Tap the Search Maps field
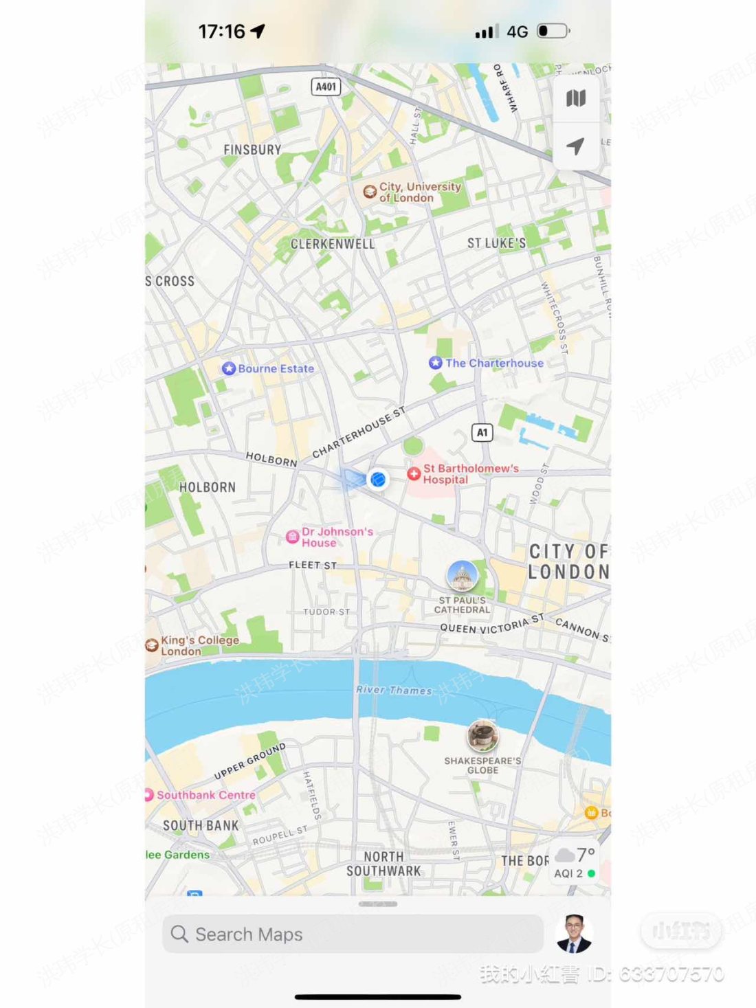tap(352, 934)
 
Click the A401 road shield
tap(326, 87)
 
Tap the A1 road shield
tap(482, 432)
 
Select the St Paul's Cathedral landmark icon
tap(463, 576)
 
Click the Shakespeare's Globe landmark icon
tap(482, 736)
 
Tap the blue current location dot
tap(377, 479)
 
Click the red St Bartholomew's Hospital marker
tap(414, 473)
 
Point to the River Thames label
tap(394, 690)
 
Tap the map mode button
tap(576, 99)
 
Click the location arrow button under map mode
tap(576, 146)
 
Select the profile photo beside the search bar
tap(574, 933)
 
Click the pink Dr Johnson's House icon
tap(292, 537)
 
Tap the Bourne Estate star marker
tap(229, 368)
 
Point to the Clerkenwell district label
tap(333, 244)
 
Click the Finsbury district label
tap(252, 149)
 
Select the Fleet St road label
tap(313, 565)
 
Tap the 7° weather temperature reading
tap(586, 854)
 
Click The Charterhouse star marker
tap(435, 363)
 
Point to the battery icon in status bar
tap(553, 31)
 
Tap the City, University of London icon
tap(370, 192)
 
